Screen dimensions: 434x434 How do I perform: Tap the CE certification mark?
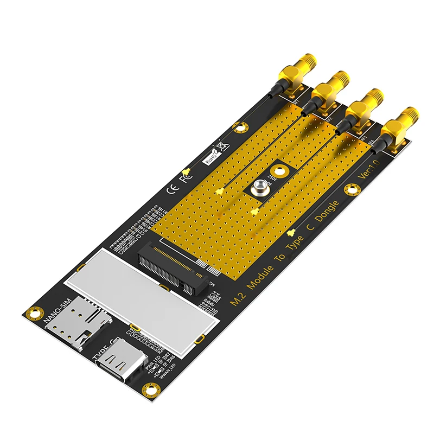pos(170,189)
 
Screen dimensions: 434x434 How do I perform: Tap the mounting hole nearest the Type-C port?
pos(146,389)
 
